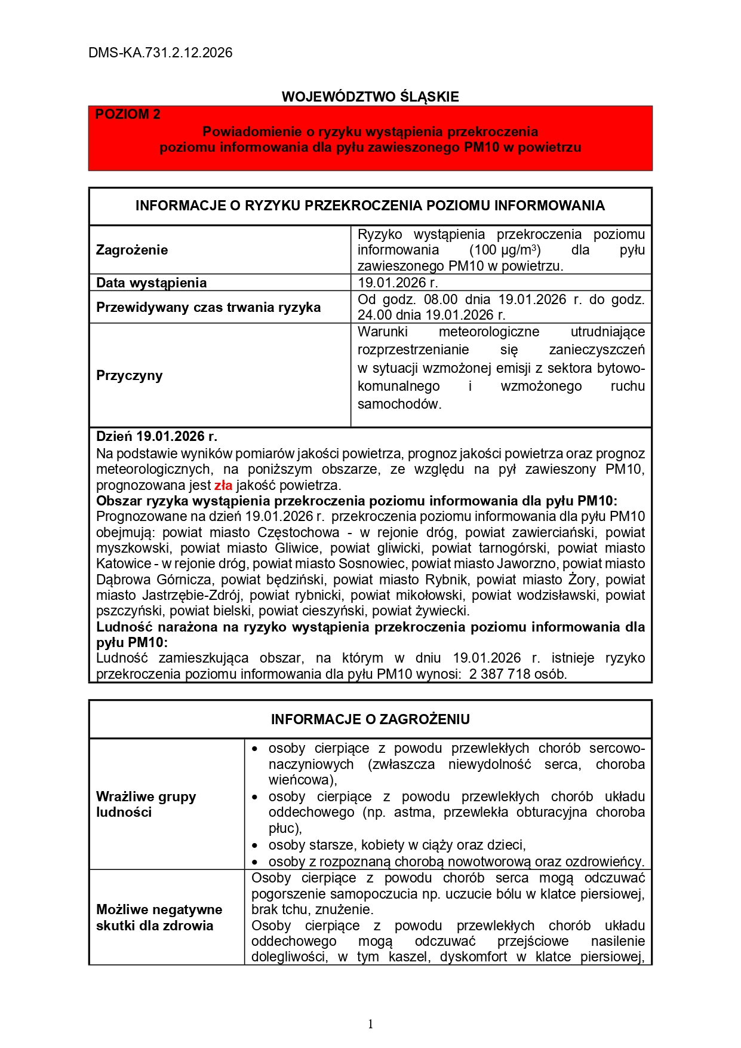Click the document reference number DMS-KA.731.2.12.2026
click(160, 53)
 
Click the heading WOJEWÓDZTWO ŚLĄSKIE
click(370, 97)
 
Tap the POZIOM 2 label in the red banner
click(128, 115)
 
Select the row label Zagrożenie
click(132, 250)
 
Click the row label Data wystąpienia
click(151, 283)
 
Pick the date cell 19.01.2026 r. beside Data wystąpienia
click(398, 283)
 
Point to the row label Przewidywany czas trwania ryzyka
click(208, 307)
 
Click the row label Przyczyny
click(129, 375)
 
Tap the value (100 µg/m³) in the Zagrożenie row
click(505, 250)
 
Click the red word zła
click(223, 485)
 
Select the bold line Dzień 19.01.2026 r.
click(156, 436)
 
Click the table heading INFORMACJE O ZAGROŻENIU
click(370, 719)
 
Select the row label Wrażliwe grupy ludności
click(146, 804)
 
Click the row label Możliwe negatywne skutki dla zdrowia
click(159, 917)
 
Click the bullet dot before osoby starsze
click(256, 845)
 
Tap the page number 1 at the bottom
click(370, 1024)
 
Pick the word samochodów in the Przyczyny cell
click(399, 404)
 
